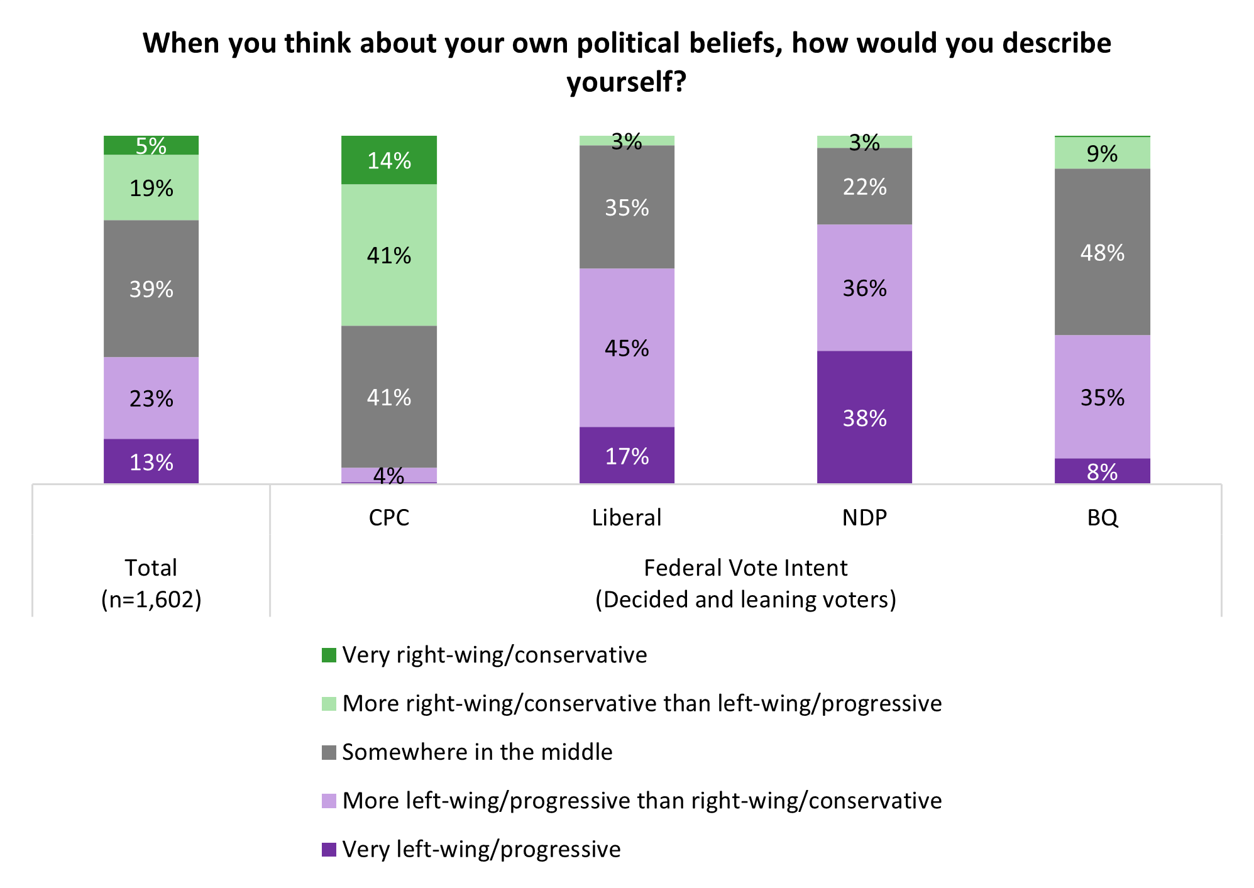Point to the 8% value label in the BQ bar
pos(1102,472)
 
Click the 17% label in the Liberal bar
pos(627,456)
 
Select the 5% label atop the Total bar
pos(151,146)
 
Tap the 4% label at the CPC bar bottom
pos(388,476)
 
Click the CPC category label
pos(389,517)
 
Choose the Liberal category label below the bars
pos(627,517)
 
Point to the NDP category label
pos(864,517)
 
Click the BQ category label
pos(1102,517)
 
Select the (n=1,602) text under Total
pos(151,599)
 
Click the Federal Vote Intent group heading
pos(745,567)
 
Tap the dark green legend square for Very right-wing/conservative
pos(329,655)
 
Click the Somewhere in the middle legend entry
pos(476,752)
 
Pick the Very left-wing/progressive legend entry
pos(481,849)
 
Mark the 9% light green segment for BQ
pos(1102,153)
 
